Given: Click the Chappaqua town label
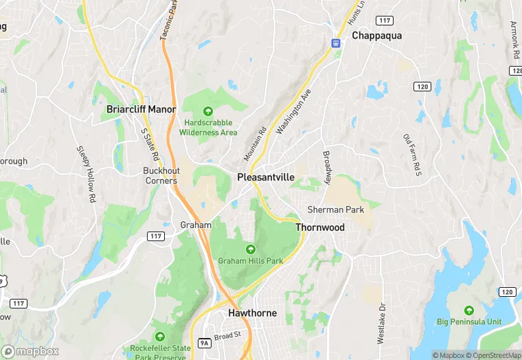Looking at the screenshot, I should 376,35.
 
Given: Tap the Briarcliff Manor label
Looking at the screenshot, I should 141,109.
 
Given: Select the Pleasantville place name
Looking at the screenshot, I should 266,177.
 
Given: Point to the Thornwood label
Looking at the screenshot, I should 319,227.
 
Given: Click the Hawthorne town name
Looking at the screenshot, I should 252,313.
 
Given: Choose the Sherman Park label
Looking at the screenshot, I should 335,210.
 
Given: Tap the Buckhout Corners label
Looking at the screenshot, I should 160,176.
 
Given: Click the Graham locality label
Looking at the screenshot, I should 195,225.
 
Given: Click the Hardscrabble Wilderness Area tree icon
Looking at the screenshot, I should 207,111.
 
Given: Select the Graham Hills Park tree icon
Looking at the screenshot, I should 250,249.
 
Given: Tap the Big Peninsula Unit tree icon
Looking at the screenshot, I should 469,310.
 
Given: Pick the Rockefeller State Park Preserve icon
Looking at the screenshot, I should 160,337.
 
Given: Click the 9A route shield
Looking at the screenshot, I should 204,342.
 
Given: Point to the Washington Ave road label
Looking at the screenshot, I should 294,111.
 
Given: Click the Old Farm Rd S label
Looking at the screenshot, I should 411,154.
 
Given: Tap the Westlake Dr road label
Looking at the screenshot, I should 381,323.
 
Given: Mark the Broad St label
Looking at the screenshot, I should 227,336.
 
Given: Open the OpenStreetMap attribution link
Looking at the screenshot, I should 492,355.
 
